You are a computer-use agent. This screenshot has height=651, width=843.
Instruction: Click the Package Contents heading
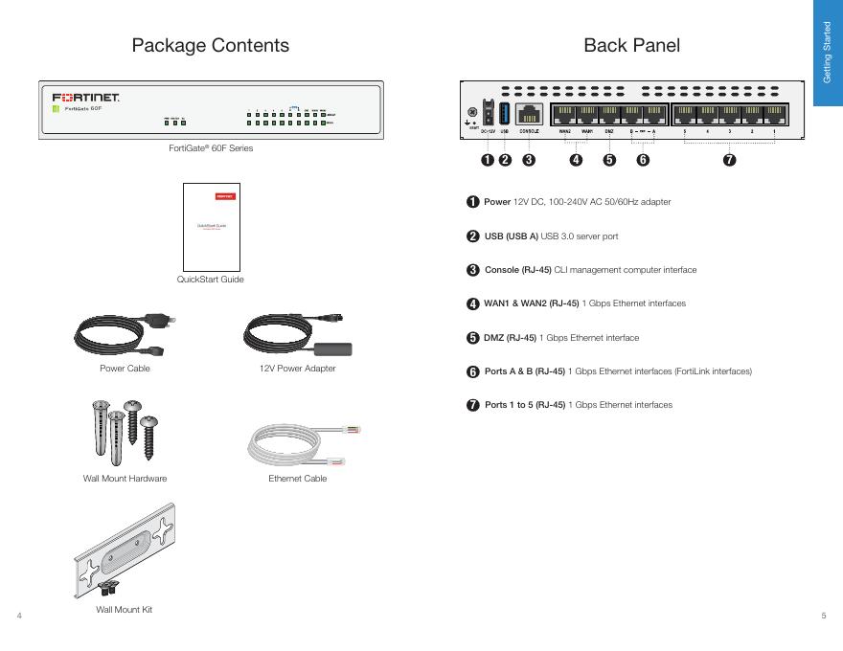[210, 45]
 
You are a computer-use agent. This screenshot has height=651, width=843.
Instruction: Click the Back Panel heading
[631, 45]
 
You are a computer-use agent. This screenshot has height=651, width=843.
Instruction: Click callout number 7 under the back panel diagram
[730, 160]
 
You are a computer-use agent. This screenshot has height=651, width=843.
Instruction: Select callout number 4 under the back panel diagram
[576, 160]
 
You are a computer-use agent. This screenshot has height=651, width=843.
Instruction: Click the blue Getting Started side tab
[827, 53]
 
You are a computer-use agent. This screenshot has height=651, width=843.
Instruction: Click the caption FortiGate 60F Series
[211, 148]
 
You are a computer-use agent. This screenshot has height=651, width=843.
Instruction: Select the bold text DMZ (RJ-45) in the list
[510, 338]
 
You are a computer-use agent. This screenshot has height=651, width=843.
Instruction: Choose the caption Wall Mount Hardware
[125, 479]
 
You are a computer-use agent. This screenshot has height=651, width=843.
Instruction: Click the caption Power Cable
[125, 369]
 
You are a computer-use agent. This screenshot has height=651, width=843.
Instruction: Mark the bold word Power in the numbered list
[497, 203]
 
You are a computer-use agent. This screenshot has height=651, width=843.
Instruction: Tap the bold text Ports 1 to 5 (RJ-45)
[525, 405]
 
